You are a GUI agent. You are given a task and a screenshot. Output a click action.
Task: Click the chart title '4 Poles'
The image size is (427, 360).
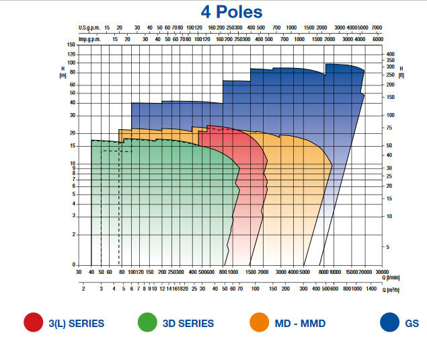231,12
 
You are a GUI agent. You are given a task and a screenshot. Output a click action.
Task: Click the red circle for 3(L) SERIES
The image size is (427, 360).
32,323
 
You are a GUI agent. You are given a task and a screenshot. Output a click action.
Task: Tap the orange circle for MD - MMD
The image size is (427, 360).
258,323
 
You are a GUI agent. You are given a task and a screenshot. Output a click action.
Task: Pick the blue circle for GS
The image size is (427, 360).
389,323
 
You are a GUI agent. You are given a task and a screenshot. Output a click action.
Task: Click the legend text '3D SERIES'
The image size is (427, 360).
188,324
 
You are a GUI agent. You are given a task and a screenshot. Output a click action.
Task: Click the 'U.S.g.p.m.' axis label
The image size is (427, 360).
89,28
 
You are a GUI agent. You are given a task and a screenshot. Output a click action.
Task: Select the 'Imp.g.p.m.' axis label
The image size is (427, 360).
89,39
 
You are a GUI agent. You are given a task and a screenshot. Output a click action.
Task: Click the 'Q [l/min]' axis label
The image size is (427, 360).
397,277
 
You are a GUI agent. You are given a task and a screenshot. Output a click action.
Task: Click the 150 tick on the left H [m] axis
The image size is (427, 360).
71,45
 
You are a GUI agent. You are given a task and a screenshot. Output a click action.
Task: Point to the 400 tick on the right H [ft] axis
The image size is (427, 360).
391,53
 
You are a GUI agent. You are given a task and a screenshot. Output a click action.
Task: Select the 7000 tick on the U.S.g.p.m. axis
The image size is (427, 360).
377,28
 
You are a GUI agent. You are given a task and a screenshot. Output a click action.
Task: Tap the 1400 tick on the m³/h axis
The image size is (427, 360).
372,288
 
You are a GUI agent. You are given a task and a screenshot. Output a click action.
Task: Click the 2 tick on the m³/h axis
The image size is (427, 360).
83,288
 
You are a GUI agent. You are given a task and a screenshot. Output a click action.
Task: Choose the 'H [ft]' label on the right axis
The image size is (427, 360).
402,72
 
